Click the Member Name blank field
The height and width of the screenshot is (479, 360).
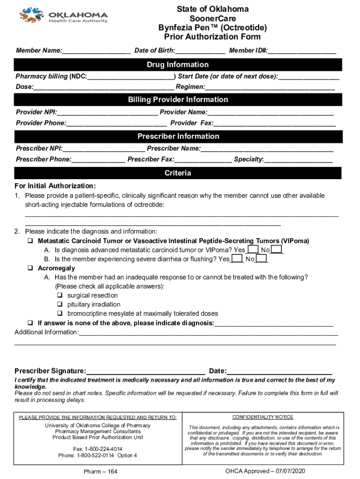tap(96, 50)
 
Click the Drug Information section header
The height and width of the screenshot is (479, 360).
tap(178, 65)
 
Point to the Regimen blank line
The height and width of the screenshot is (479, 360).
tap(270, 87)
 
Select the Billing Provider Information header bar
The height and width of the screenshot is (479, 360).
tap(178, 100)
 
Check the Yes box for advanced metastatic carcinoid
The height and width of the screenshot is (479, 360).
tap(252, 250)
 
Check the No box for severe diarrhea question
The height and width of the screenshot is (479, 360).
tap(261, 259)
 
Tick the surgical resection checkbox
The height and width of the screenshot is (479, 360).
tap(60, 296)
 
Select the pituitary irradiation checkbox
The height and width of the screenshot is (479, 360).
tap(60, 305)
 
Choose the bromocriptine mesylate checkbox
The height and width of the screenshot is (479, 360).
tap(60, 313)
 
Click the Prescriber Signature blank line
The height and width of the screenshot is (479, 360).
tap(145, 371)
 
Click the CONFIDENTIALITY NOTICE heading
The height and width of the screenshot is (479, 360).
tap(263, 417)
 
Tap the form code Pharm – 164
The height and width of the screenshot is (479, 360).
tap(100, 472)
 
